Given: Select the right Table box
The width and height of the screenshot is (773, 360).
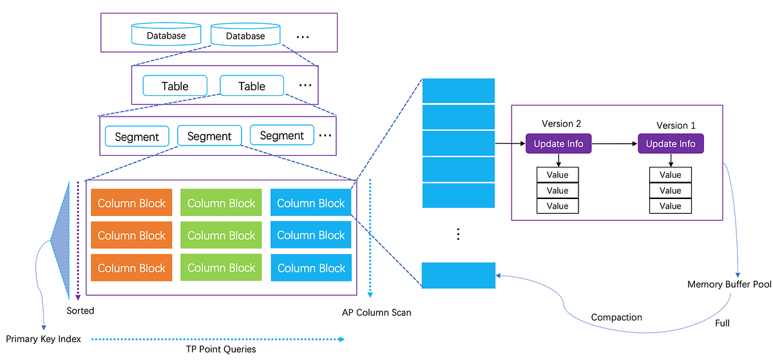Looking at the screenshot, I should [x=251, y=86].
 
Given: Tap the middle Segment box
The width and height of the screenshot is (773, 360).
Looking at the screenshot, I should [x=209, y=136].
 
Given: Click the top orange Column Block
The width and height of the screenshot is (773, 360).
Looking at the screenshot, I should [x=131, y=203].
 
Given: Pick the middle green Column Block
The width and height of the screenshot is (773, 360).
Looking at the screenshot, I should [x=221, y=235].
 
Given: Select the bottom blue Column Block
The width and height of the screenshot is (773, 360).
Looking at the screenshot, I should [x=311, y=267].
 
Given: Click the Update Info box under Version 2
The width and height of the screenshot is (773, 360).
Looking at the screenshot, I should [x=558, y=144].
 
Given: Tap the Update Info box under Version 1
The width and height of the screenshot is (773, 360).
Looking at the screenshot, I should [x=671, y=144].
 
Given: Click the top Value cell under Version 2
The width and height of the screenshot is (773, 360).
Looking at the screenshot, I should [x=558, y=175].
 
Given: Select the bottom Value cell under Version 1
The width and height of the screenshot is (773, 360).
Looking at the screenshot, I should [x=671, y=206].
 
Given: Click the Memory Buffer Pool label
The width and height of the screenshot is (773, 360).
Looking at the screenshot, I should [x=729, y=284].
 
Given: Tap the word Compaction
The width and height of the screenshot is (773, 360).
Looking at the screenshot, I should [x=616, y=317].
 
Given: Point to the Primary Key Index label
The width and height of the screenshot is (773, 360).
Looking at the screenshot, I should [x=43, y=339].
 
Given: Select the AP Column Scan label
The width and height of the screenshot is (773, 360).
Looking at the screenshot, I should [x=376, y=312].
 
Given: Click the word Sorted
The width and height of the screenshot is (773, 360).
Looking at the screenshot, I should [x=80, y=310].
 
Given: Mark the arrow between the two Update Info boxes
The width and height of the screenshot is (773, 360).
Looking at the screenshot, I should [x=613, y=144].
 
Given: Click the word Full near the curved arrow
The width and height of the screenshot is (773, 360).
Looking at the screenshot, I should [x=722, y=323].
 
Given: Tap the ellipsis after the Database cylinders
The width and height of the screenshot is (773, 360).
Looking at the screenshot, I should [x=302, y=37].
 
